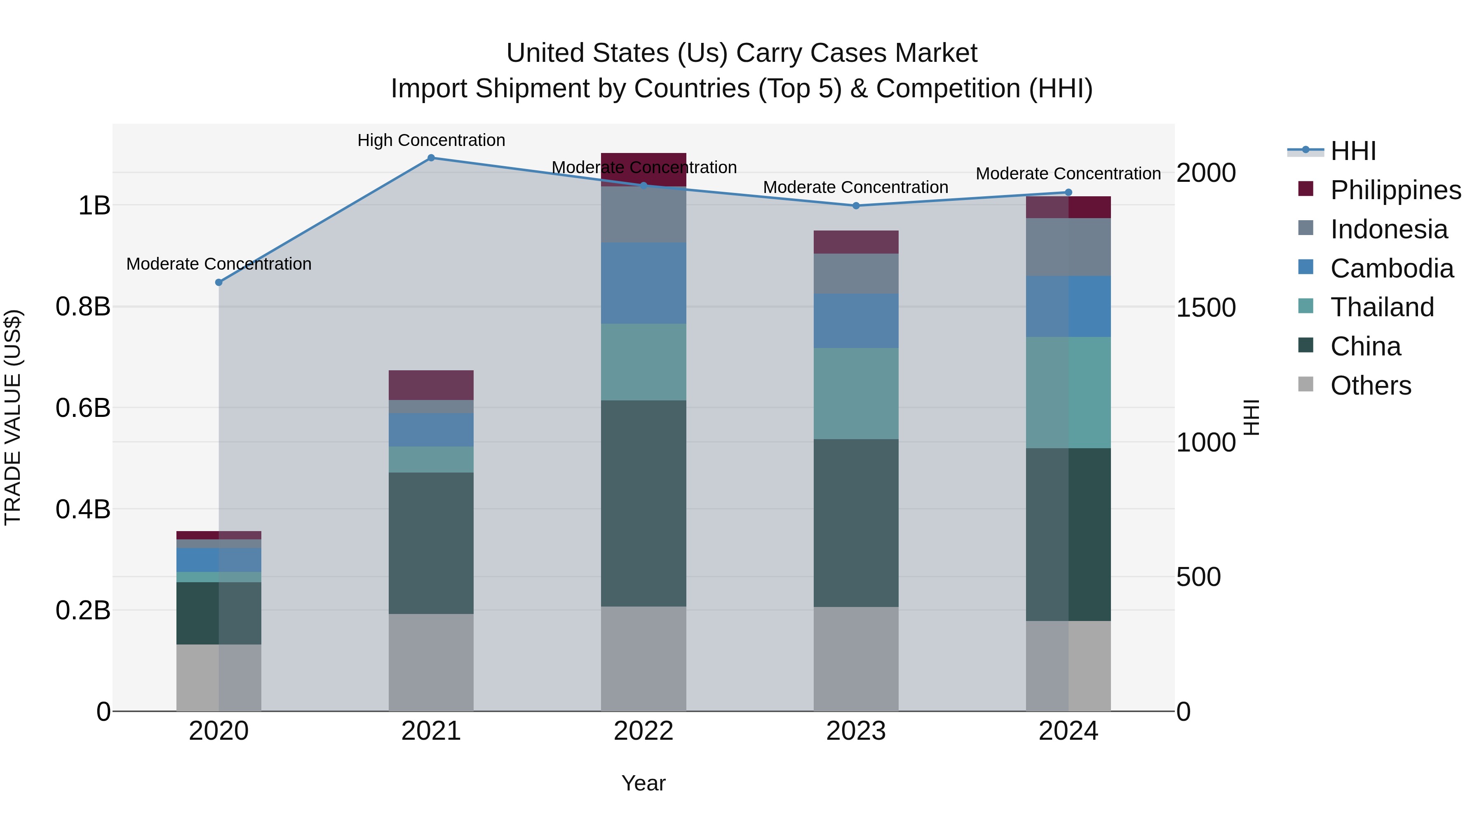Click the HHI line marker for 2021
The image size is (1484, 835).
tap(431, 158)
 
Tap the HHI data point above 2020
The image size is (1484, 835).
tap(218, 282)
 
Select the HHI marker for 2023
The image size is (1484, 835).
tap(855, 206)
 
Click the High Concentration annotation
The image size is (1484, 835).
tap(431, 140)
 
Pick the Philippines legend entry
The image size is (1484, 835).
tap(1395, 190)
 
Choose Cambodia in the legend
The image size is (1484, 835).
tap(1392, 268)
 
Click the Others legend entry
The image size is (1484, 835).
tap(1371, 386)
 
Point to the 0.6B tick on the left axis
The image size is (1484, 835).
tap(83, 408)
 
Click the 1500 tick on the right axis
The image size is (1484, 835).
tap(1205, 308)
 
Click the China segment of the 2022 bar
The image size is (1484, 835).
tap(643, 503)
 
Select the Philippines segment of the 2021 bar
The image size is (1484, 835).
tap(431, 385)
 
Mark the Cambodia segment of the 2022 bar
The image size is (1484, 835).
tap(643, 283)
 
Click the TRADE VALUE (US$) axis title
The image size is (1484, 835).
tap(13, 417)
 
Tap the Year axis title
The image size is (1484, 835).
tap(643, 783)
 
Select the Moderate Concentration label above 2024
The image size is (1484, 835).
tap(1068, 174)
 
